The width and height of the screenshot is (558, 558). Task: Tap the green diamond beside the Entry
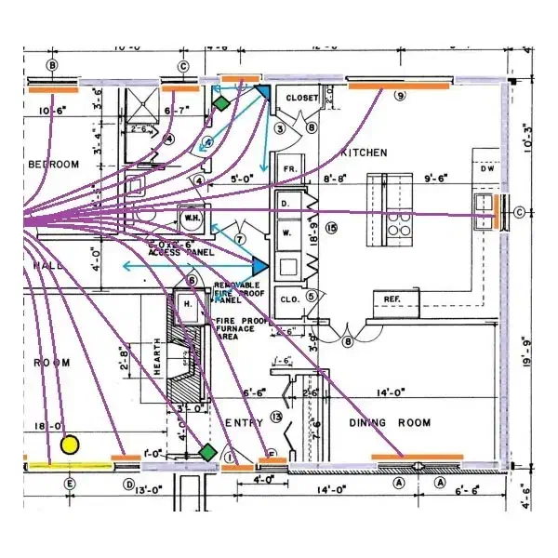pyautogui.click(x=206, y=452)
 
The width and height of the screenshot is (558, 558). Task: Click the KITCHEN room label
pyautogui.click(x=364, y=153)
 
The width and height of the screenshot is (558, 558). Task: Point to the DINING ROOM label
pyautogui.click(x=390, y=423)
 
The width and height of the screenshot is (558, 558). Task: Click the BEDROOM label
pyautogui.click(x=53, y=165)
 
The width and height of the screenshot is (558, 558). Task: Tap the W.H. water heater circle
pyautogui.click(x=193, y=219)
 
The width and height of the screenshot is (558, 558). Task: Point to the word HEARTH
pyautogui.click(x=157, y=358)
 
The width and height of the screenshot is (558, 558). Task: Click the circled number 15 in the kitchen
pyautogui.click(x=330, y=228)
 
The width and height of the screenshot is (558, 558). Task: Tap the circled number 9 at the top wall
pyautogui.click(x=401, y=95)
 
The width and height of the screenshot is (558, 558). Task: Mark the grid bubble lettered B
pyautogui.click(x=52, y=65)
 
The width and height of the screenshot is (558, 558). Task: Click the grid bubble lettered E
pyautogui.click(x=68, y=484)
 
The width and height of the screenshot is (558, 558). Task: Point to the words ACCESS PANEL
pyautogui.click(x=181, y=252)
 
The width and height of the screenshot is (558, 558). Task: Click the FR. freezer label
pyautogui.click(x=288, y=168)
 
